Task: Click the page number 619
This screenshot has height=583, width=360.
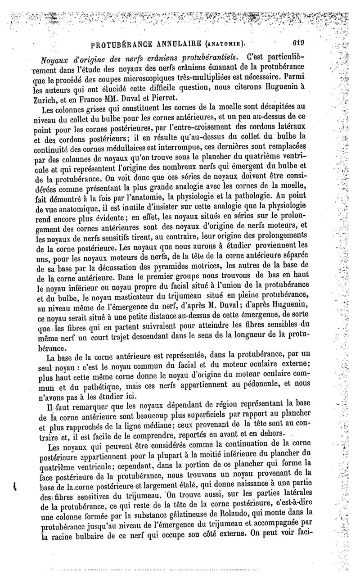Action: [x=298, y=44]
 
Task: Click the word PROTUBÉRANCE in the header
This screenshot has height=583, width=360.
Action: [x=121, y=45]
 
